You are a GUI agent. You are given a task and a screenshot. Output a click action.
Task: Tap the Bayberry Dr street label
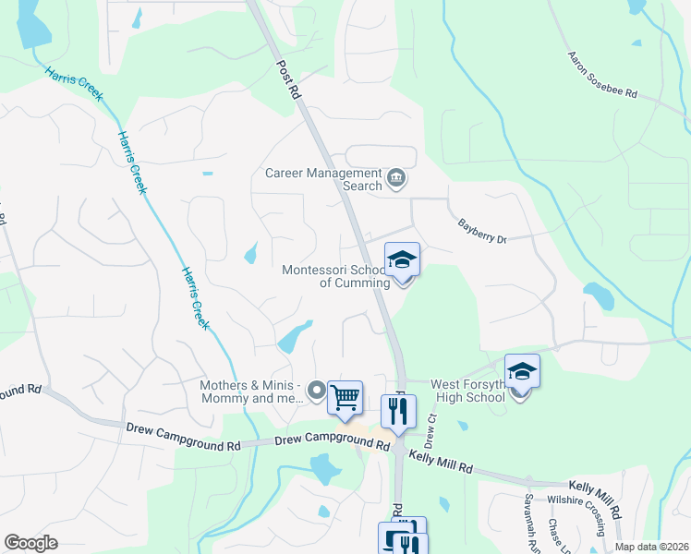point(482,232)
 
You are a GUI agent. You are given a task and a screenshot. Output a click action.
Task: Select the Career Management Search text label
point(323,179)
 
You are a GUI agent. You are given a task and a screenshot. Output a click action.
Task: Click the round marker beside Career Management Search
point(396,178)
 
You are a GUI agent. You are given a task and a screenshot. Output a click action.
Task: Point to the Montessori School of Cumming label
point(336,276)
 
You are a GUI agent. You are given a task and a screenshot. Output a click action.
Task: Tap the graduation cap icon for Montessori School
point(402,260)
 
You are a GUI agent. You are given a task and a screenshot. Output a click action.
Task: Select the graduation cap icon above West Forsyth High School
point(522,372)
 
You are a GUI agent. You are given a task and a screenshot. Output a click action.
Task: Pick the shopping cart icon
point(345,399)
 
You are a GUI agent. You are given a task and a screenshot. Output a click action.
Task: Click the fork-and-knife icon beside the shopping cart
point(399,412)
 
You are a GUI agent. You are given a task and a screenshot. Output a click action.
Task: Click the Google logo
point(30,542)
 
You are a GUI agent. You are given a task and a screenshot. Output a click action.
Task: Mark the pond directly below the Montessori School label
point(296,337)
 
